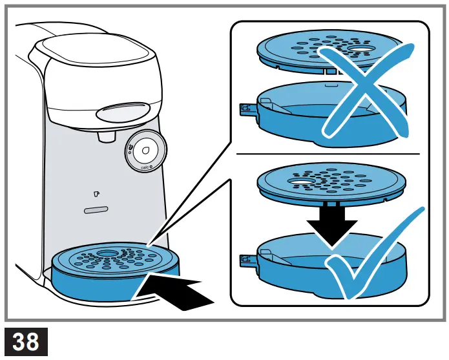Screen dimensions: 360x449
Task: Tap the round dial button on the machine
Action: pyautogui.click(x=145, y=151)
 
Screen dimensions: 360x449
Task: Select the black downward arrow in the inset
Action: pyautogui.click(x=331, y=222)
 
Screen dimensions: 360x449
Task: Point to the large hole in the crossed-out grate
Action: pyautogui.click(x=359, y=49)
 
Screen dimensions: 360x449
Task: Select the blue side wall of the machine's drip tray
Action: pyautogui.click(x=97, y=284)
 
